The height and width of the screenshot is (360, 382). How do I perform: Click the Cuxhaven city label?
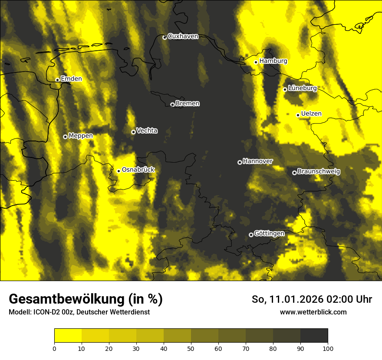(183, 36)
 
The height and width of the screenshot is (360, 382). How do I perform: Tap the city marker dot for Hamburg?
(256, 62)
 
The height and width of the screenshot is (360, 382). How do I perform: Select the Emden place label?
(71, 79)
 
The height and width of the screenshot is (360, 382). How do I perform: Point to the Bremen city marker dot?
(172, 105)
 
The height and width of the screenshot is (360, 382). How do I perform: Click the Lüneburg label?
(302, 88)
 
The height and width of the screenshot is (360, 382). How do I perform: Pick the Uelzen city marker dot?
(298, 115)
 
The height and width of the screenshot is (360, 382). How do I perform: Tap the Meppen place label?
(81, 136)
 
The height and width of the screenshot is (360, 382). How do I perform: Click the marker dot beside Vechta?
(133, 132)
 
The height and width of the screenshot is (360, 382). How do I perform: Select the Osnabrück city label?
(138, 170)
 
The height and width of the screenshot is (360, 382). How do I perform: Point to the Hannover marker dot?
(240, 162)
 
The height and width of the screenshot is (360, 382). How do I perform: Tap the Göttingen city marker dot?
(251, 235)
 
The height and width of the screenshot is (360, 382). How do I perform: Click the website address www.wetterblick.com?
(313, 312)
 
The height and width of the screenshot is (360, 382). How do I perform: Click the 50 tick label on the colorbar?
(191, 348)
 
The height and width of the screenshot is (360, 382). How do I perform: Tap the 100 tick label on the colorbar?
(328, 348)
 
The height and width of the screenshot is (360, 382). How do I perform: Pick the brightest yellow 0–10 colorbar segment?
(68, 336)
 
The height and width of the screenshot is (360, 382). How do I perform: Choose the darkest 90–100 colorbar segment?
(314, 336)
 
